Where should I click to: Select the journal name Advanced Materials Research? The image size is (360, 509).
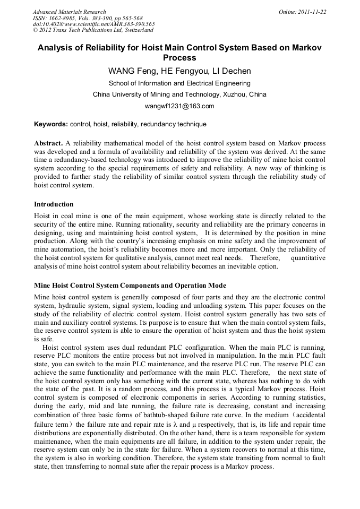pyautogui.click(x=69, y=12)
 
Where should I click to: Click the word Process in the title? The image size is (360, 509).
pyautogui.click(x=179, y=58)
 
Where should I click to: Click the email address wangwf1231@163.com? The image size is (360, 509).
pyautogui.click(x=179, y=106)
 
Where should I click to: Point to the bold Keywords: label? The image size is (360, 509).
pyautogui.click(x=51, y=124)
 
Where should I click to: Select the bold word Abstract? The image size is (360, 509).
pyautogui.click(x=49, y=143)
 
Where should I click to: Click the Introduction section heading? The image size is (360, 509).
pyautogui.click(x=54, y=204)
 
